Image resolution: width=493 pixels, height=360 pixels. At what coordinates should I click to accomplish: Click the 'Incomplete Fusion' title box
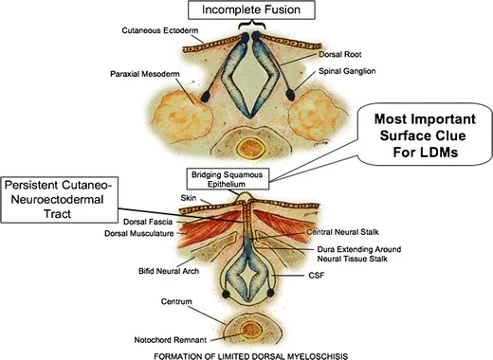[251, 9]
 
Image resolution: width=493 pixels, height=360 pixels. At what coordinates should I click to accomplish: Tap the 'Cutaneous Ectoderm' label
[160, 30]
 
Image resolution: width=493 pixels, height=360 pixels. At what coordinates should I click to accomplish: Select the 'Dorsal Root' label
[339, 54]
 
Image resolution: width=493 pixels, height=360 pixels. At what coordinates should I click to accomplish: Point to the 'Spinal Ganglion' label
[347, 71]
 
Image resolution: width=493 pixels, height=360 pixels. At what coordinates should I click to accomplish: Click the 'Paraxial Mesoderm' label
[145, 74]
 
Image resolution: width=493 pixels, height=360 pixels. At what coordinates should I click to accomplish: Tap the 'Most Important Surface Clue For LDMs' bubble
[425, 135]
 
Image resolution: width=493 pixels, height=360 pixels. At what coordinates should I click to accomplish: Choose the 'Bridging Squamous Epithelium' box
[228, 179]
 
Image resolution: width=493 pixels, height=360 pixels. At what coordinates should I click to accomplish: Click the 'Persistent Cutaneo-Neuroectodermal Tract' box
[60, 200]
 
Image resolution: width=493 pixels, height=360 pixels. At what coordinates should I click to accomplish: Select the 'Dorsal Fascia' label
[148, 222]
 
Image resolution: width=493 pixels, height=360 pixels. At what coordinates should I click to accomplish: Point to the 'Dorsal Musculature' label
[139, 233]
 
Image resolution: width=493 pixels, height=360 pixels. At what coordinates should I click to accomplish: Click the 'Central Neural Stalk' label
[342, 232]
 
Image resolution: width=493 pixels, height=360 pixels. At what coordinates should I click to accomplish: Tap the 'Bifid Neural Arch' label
[169, 271]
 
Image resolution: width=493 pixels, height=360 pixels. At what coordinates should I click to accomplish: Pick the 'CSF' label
[317, 276]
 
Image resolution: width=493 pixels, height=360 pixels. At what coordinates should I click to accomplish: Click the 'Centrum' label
[176, 301]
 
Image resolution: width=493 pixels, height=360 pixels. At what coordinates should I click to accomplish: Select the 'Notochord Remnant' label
[171, 340]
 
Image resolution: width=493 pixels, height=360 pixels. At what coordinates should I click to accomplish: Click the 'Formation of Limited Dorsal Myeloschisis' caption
[251, 356]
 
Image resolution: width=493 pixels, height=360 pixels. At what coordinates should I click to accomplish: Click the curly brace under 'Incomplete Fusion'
[251, 25]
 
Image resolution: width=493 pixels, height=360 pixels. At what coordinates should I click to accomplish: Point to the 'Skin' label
[189, 198]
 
